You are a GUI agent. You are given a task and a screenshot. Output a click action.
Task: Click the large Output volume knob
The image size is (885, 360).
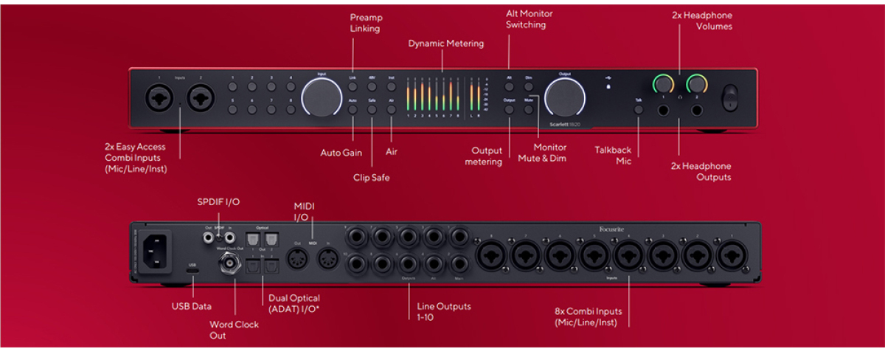[x=565, y=97]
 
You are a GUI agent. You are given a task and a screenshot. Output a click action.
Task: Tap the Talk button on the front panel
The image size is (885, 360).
[x=639, y=110]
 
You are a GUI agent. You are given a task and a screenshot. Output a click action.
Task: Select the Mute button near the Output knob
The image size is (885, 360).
[x=529, y=109]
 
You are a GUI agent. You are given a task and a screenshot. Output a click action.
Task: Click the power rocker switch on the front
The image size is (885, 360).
[x=729, y=97]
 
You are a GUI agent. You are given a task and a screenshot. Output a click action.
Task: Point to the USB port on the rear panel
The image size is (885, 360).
[x=192, y=271]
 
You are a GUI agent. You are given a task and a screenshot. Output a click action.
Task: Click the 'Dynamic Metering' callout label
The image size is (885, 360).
[x=446, y=44]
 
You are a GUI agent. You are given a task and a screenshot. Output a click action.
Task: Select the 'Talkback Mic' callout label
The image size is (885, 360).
[x=613, y=156]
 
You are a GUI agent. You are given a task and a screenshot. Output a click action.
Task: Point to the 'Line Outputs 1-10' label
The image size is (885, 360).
[x=442, y=311]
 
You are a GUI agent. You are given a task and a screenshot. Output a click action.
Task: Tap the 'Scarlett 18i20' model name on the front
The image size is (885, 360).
[x=566, y=124]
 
